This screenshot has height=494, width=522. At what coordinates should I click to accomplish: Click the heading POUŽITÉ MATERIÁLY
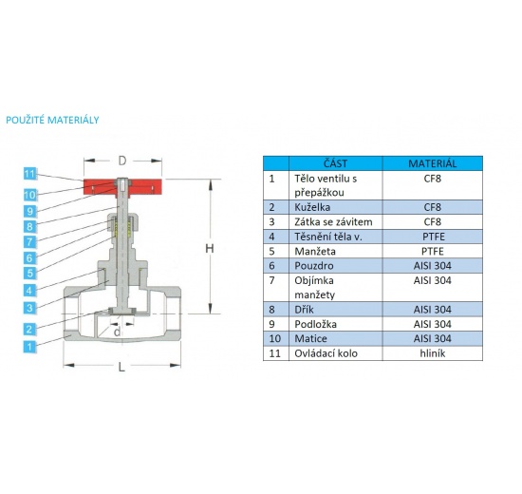[x=53, y=121]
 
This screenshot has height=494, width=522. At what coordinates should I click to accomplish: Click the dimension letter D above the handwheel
[x=122, y=161]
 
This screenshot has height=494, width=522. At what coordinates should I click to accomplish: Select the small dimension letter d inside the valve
[x=116, y=331]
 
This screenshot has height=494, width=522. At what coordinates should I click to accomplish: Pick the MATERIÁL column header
[x=433, y=163]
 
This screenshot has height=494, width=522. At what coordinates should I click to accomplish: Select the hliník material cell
[x=433, y=353]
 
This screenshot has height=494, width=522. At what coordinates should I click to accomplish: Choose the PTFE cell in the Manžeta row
[x=433, y=251]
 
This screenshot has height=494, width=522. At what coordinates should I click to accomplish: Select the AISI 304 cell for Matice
[x=433, y=338]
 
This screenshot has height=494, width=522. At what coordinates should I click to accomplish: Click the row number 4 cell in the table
[x=272, y=236]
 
